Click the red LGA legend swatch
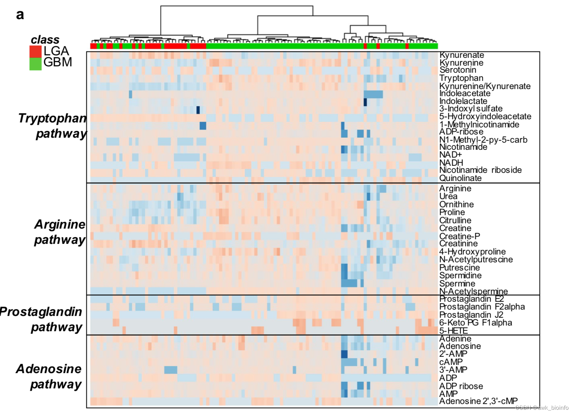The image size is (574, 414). pyautogui.click(x=36, y=51)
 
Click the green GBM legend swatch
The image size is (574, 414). pyautogui.click(x=36, y=64)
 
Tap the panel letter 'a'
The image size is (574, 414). pyautogui.click(x=20, y=15)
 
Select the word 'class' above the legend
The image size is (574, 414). pyautogui.click(x=45, y=39)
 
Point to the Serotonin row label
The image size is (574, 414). pyautogui.click(x=457, y=70)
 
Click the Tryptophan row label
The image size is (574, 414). pyautogui.click(x=461, y=78)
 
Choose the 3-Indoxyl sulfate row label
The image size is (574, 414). pyautogui.click(x=471, y=109)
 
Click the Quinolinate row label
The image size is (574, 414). pyautogui.click(x=460, y=178)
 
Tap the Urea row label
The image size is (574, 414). pyautogui.click(x=448, y=196)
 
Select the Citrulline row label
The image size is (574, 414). pyautogui.click(x=455, y=220)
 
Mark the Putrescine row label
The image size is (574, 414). pyautogui.click(x=459, y=268)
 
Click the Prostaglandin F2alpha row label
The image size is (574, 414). pyautogui.click(x=482, y=307)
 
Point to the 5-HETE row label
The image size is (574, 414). pyautogui.click(x=453, y=331)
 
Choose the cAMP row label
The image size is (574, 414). pyautogui.click(x=451, y=362)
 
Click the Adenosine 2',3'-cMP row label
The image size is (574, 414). pyautogui.click(x=478, y=401)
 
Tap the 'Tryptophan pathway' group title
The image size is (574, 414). pyautogui.click(x=53, y=126)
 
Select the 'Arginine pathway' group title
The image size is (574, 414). pyautogui.click(x=60, y=232)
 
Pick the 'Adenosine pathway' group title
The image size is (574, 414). pyautogui.click(x=49, y=376)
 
